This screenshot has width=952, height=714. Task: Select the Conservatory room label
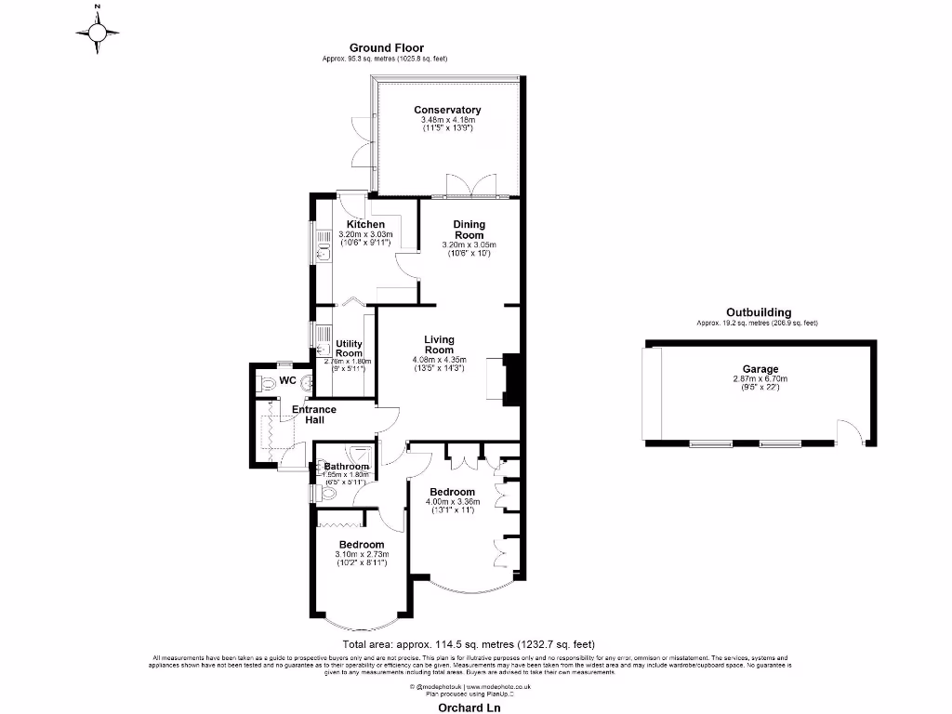tap(447, 110)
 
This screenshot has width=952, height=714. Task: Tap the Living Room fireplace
tap(509, 378)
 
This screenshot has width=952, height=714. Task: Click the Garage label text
tap(760, 369)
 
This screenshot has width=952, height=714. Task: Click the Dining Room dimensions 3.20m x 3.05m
tap(469, 245)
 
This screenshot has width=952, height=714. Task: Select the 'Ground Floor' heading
tap(386, 47)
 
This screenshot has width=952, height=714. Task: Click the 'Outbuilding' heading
tap(759, 312)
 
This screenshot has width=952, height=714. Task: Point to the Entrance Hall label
tap(313, 415)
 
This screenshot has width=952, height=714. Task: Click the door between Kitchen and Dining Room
tap(405, 264)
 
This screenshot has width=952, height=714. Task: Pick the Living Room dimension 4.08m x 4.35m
tap(438, 359)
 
